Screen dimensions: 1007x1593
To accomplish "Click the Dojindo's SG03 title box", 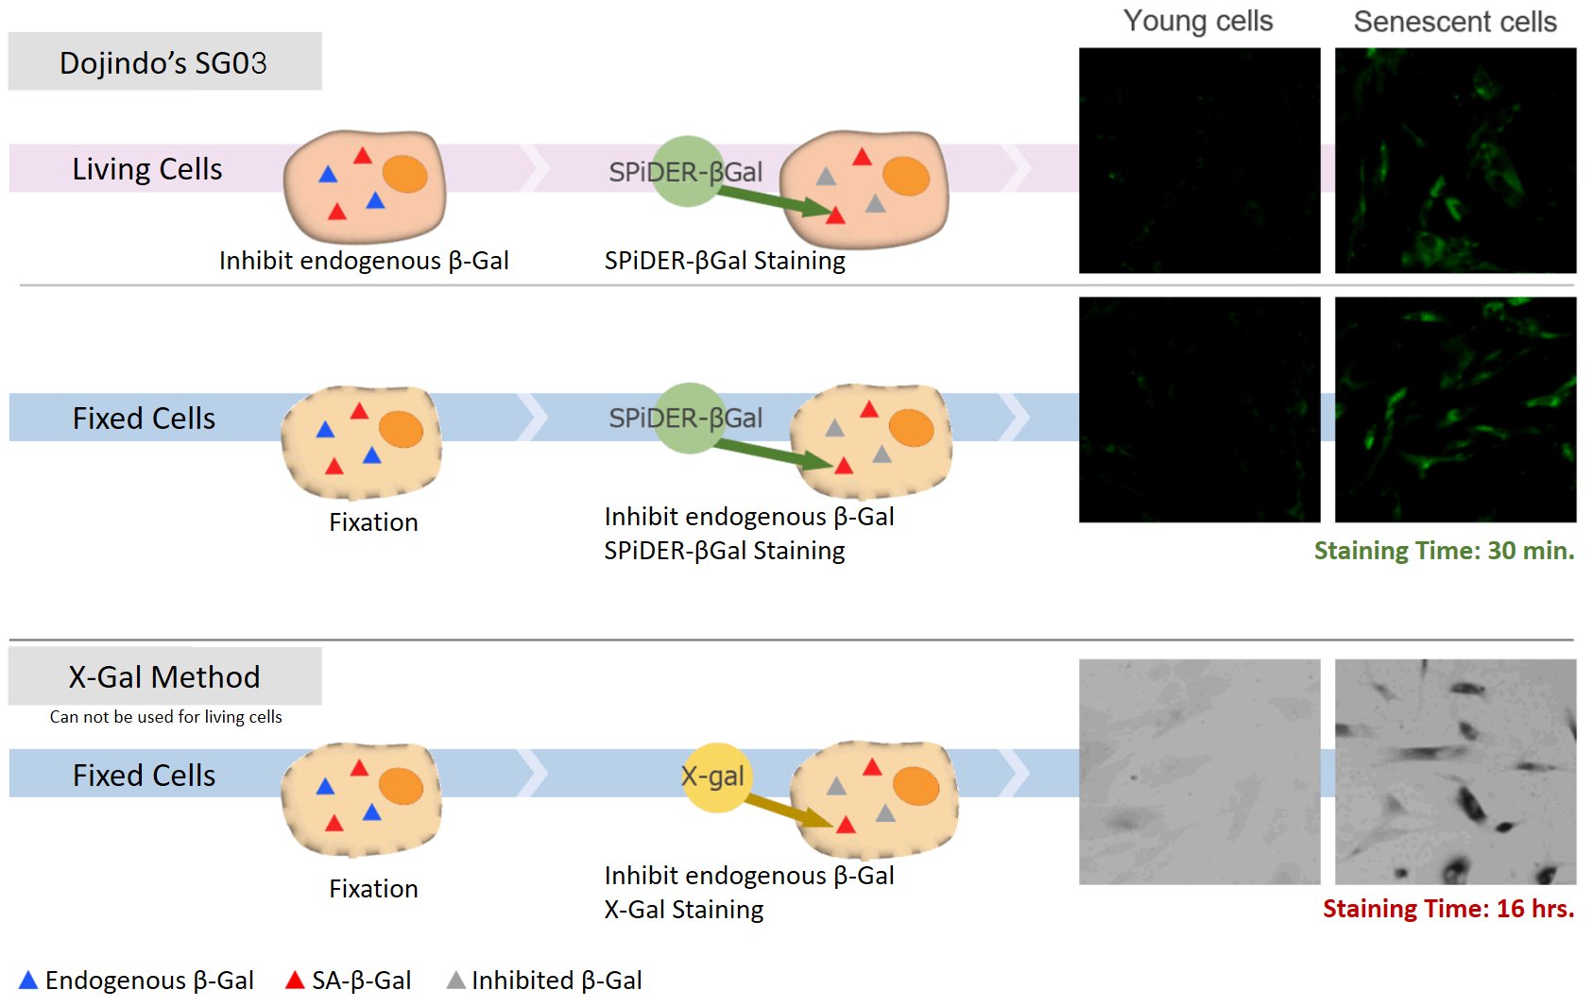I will [164, 62].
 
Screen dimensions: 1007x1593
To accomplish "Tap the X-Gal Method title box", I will [164, 676].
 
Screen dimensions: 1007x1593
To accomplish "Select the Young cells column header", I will [1198, 21].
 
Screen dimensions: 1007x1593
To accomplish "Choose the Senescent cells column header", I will [1455, 21].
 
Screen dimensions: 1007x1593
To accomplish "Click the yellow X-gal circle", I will [714, 777].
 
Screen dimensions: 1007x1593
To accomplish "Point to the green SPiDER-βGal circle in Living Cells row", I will [687, 171].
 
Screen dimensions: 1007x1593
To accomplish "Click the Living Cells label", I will [147, 169].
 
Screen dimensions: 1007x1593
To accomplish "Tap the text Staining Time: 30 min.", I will [1444, 551].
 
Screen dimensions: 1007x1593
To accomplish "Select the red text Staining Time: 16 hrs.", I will [1447, 909].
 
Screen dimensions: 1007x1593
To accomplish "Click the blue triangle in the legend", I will [28, 981].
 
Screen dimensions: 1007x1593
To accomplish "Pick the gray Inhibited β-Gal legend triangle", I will [456, 981].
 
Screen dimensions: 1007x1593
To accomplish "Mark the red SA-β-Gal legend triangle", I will [295, 981].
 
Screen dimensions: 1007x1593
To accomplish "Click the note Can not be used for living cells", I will [166, 717].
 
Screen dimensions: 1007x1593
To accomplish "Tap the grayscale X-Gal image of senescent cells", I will [1455, 772].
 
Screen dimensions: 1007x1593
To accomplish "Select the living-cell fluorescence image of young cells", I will [1199, 161].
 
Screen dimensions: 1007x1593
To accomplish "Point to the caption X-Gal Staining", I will [684, 910].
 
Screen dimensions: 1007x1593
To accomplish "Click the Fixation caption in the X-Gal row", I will [373, 889].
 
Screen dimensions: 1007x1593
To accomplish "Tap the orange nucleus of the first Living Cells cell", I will [405, 175].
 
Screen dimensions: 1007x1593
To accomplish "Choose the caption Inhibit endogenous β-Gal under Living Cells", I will [364, 261].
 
